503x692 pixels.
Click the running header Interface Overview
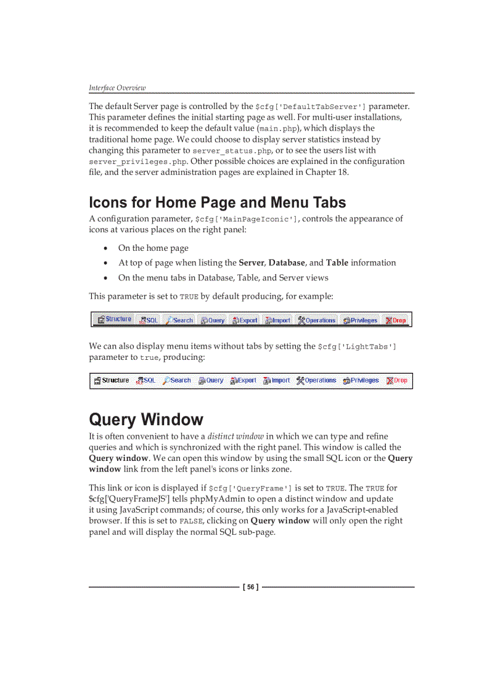[x=117, y=88]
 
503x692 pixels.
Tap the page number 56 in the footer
[x=251, y=587]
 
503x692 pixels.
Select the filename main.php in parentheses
[x=277, y=129]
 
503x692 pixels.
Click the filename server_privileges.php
[x=137, y=162]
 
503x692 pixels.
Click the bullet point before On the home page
[x=107, y=248]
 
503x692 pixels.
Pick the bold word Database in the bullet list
[x=287, y=263]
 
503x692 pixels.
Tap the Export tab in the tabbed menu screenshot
[x=245, y=320]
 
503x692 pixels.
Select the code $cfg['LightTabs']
[x=357, y=347]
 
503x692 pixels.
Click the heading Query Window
[x=146, y=420]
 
